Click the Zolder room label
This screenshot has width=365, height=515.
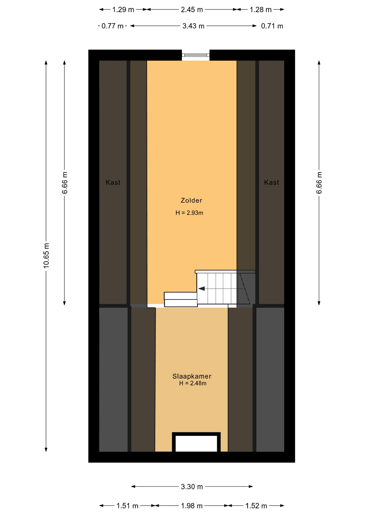pyautogui.click(x=191, y=200)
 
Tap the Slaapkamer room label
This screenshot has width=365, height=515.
pyautogui.click(x=192, y=376)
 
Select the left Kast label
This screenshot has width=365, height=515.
pyautogui.click(x=113, y=182)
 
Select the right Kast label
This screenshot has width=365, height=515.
pyautogui.click(x=271, y=182)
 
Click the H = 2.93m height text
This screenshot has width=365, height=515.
pyautogui.click(x=189, y=213)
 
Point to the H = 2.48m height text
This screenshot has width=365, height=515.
pyautogui.click(x=193, y=383)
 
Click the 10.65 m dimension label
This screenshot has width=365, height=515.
pyautogui.click(x=46, y=256)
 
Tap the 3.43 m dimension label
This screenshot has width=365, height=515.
pyautogui.click(x=193, y=26)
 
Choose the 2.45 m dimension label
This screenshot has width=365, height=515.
pyautogui.click(x=192, y=10)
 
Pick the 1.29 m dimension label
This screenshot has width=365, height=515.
pyautogui.click(x=123, y=10)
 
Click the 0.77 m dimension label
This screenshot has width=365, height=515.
pyautogui.click(x=112, y=26)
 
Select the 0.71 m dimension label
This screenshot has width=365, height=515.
pyautogui.click(x=272, y=26)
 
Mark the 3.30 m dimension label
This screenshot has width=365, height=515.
pyautogui.click(x=192, y=487)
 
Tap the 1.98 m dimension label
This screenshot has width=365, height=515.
pyautogui.click(x=192, y=506)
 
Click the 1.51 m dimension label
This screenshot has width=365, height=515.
pyautogui.click(x=127, y=506)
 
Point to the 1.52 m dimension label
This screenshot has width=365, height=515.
pyautogui.click(x=256, y=506)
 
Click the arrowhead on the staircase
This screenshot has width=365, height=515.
pyautogui.click(x=202, y=289)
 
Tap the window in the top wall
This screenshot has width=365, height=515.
pyautogui.click(x=196, y=55)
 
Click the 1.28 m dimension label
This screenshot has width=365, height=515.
pyautogui.click(x=260, y=10)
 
